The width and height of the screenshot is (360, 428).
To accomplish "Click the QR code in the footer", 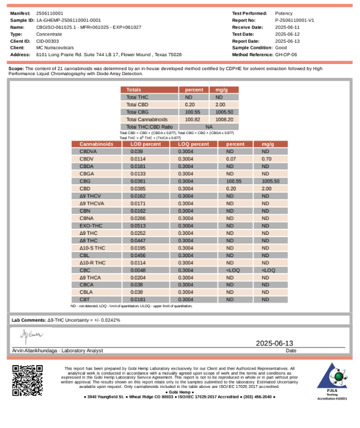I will click(x=27, y=380).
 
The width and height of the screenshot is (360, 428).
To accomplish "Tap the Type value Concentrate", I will click(x=48, y=34).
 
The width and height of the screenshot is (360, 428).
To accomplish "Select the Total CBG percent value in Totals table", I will click(x=193, y=112).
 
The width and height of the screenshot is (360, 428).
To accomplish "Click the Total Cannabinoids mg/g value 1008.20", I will click(x=224, y=119).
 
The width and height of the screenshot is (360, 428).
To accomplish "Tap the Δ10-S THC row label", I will click(x=92, y=248).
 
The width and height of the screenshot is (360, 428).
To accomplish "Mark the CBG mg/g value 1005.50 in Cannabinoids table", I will click(x=270, y=181).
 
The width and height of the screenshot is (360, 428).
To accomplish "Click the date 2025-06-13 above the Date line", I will click(x=274, y=343).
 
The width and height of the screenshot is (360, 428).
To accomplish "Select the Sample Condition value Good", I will click(x=281, y=48).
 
